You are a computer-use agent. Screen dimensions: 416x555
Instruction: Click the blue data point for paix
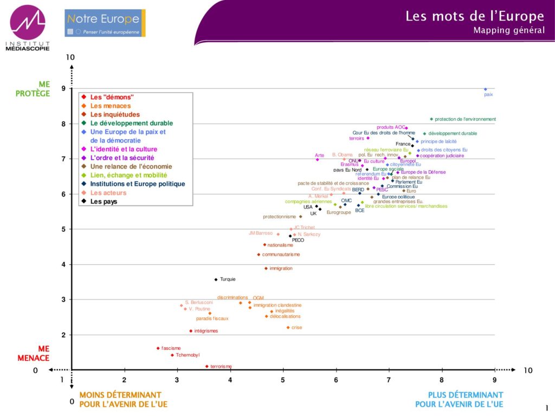tap(485, 89)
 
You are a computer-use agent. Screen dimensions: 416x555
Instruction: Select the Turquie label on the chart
tap(228, 279)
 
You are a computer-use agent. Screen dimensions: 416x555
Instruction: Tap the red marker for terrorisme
tap(207, 367)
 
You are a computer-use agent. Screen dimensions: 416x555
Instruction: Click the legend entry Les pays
tap(104, 201)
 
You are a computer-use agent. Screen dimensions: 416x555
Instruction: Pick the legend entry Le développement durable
tap(132, 123)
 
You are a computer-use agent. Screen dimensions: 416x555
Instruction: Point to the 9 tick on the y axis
tap(63, 88)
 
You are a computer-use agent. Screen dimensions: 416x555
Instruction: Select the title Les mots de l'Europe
tap(475, 16)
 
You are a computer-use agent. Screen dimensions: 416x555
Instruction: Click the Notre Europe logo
tap(105, 23)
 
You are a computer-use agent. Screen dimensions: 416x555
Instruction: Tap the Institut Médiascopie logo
tap(28, 27)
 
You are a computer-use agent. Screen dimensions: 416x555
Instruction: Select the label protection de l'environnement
tap(465, 119)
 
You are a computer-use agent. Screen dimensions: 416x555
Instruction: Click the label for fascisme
tap(171, 348)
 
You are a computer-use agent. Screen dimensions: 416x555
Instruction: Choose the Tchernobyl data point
tap(172, 355)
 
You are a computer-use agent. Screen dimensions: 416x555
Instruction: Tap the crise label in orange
tap(296, 328)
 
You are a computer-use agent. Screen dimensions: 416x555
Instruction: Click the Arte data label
tap(320, 155)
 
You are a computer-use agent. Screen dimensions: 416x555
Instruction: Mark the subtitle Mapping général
tap(509, 30)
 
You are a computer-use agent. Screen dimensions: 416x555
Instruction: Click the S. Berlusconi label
tap(199, 302)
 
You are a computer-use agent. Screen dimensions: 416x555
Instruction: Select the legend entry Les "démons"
tap(112, 97)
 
